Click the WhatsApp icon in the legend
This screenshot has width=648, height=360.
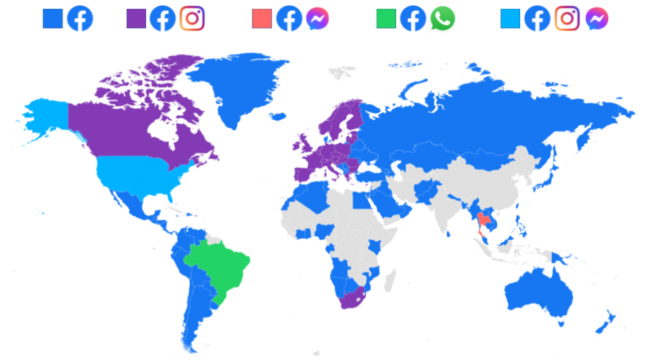click(x=442, y=19)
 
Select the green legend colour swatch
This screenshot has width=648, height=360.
click(x=386, y=19)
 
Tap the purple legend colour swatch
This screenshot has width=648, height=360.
click(x=136, y=19)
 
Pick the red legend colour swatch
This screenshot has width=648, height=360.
click(x=262, y=19)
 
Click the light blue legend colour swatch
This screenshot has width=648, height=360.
click(x=510, y=19)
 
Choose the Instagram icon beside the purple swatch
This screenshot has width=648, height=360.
click(x=192, y=19)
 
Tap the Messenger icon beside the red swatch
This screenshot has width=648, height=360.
click(x=318, y=19)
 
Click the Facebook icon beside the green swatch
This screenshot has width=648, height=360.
click(x=413, y=19)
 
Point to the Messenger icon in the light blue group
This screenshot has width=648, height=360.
click(x=597, y=19)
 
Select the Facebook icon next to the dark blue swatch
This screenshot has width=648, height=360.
click(x=80, y=19)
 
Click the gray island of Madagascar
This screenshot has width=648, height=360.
click(x=390, y=278)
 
